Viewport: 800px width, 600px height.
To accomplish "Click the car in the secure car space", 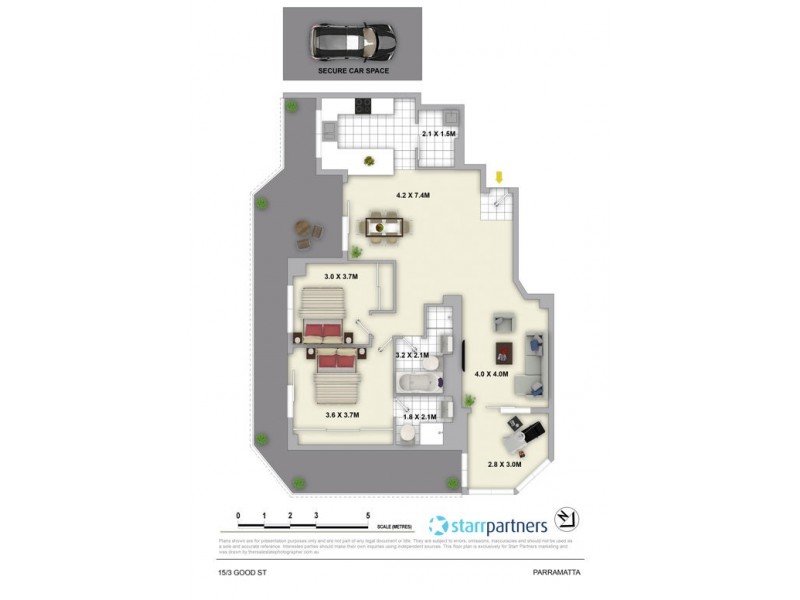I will [x=355, y=41].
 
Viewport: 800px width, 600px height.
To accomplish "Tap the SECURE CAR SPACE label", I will [x=355, y=72].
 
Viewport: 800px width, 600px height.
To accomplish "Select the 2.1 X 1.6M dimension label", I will [x=438, y=133].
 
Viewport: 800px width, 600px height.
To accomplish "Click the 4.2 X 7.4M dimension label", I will [x=412, y=195].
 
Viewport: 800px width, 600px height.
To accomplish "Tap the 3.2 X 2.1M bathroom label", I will [x=412, y=355].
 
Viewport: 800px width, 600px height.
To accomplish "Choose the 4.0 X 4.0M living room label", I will [x=491, y=374].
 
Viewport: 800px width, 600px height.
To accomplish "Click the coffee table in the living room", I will [x=505, y=351].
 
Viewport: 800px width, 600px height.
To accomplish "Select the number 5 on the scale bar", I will [x=368, y=515].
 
